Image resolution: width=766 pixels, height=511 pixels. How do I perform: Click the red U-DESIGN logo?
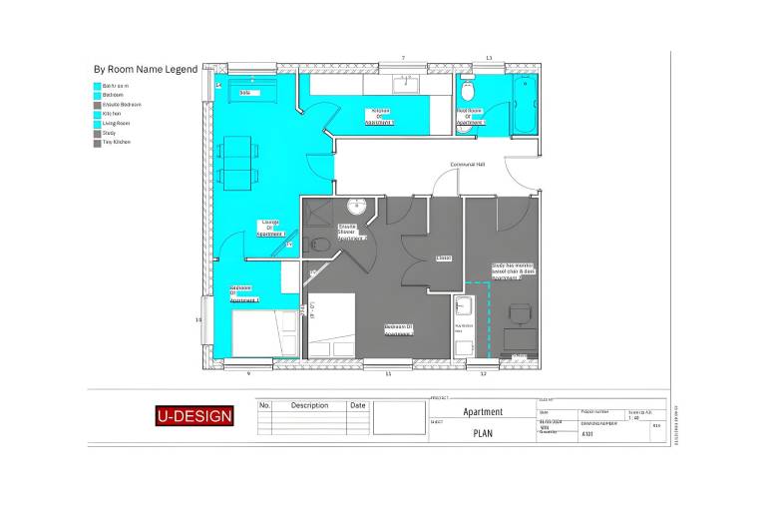coord(194,415)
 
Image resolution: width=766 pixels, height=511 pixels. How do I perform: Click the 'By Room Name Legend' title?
coord(145,70)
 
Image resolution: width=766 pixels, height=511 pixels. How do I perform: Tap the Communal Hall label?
coord(466,164)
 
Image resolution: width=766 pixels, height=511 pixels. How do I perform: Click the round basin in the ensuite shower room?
coord(357,208)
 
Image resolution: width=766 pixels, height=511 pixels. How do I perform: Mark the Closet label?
coord(444,257)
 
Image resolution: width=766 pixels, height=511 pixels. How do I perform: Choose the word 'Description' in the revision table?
coord(309,405)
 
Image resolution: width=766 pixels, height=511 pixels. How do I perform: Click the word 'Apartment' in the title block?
coord(483,411)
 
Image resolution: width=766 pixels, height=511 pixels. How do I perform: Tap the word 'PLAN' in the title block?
coord(483,433)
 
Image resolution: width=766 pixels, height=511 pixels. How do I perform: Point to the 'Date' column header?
coord(358,405)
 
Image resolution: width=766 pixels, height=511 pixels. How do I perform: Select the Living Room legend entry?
coord(116,123)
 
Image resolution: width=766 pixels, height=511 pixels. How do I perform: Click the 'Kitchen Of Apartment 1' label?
coord(380,116)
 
